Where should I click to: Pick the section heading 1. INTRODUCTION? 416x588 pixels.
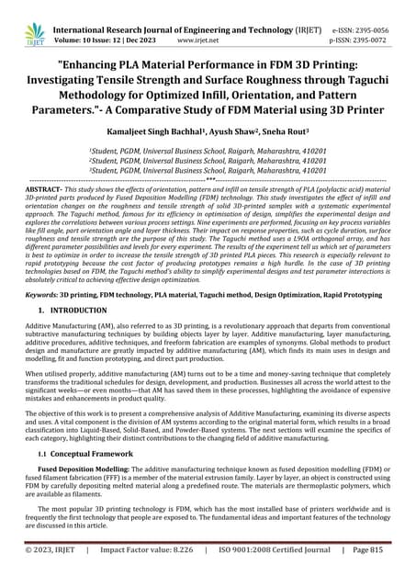coord(70,313)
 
